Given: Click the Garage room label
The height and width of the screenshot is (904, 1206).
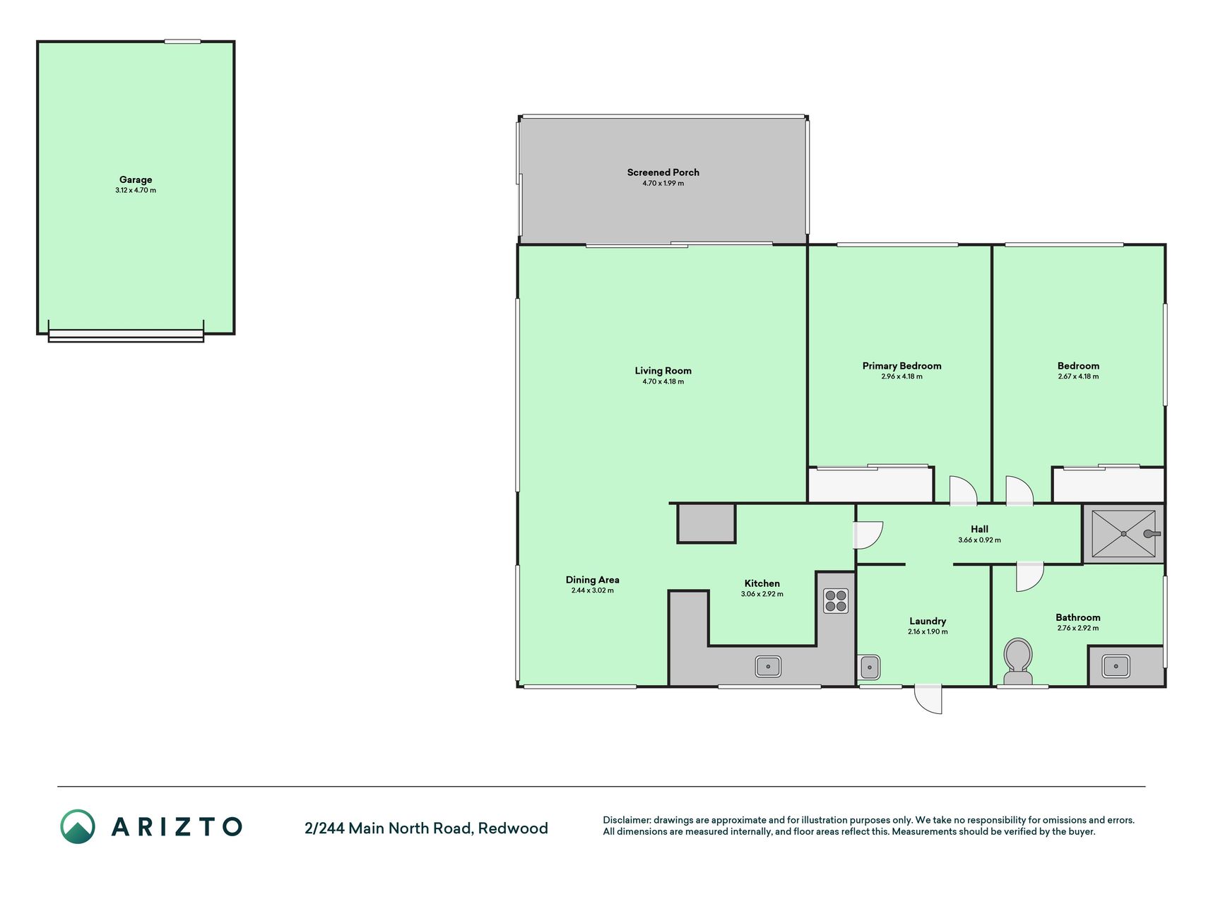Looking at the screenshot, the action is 136,179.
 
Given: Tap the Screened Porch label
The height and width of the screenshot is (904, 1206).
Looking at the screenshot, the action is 663,172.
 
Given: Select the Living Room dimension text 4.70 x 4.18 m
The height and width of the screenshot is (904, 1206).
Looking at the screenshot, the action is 663,381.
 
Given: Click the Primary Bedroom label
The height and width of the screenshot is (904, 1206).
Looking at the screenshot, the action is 901,366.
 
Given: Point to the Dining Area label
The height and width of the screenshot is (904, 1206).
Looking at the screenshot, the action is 592,580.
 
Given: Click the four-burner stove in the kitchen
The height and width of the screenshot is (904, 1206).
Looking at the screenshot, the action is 836,601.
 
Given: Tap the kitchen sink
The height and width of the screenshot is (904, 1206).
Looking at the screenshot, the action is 768,665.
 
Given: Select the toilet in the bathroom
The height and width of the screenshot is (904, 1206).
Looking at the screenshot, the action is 1018,662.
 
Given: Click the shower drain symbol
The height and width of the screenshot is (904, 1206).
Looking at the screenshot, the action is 1123,534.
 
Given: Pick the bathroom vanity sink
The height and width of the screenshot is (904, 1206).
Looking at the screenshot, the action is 1116,665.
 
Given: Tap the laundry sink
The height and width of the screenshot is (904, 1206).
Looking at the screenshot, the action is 870,667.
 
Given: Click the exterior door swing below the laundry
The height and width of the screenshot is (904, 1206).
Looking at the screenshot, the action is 928,698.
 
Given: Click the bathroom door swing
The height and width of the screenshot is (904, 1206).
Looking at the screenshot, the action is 1030,576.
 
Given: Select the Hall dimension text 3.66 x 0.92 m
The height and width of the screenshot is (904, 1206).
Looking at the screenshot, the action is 979,540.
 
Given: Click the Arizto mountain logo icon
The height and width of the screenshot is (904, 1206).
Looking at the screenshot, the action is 78,826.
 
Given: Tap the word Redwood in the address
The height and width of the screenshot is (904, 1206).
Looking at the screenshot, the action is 513,828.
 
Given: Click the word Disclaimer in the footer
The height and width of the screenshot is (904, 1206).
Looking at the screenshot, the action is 626,820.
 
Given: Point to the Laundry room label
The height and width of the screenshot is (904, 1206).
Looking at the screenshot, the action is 928,621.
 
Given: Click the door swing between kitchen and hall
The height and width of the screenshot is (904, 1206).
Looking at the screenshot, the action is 868,535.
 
